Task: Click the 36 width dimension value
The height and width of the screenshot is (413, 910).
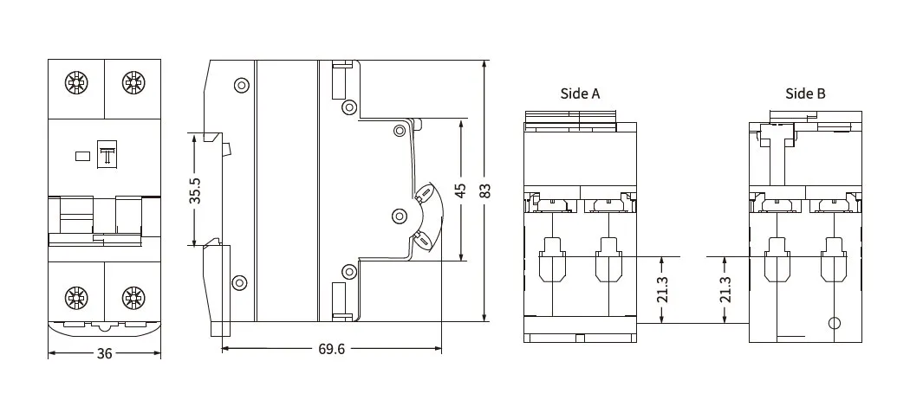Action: pos(105,353)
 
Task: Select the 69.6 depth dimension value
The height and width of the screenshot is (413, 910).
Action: pos(331,349)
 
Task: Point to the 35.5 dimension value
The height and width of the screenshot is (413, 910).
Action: pos(195,190)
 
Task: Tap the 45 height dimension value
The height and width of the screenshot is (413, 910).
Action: pos(460,190)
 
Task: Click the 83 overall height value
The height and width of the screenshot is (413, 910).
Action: pos(485,190)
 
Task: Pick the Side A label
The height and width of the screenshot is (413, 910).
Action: pos(580,94)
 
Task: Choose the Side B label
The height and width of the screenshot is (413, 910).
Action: pos(805,94)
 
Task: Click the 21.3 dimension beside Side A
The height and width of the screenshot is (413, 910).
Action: pos(663,289)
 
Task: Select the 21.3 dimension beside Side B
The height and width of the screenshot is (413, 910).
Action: pos(725,289)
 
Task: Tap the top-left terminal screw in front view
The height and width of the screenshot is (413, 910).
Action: pos(76,83)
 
